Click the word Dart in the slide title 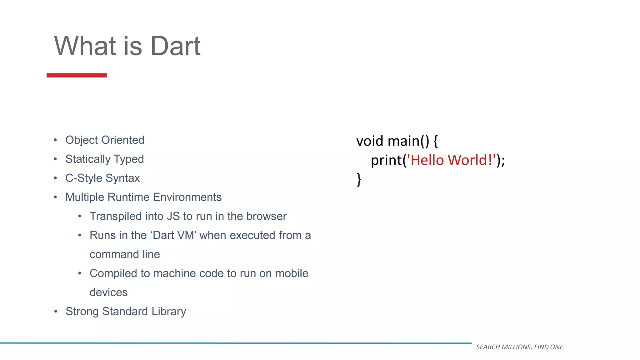click(x=175, y=46)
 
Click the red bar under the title click(x=77, y=75)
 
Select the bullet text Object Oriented click(x=105, y=140)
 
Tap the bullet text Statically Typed click(x=104, y=159)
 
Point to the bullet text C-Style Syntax click(x=102, y=178)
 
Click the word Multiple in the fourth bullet click(x=85, y=197)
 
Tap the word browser click(x=266, y=216)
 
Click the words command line click(x=125, y=254)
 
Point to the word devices click(x=108, y=292)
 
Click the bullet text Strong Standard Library click(x=126, y=312)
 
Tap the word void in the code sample click(x=369, y=141)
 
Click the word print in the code click(x=386, y=160)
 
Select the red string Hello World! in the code click(x=451, y=160)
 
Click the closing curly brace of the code click(x=359, y=180)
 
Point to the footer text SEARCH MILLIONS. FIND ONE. click(x=520, y=347)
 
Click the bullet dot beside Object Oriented click(x=55, y=140)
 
